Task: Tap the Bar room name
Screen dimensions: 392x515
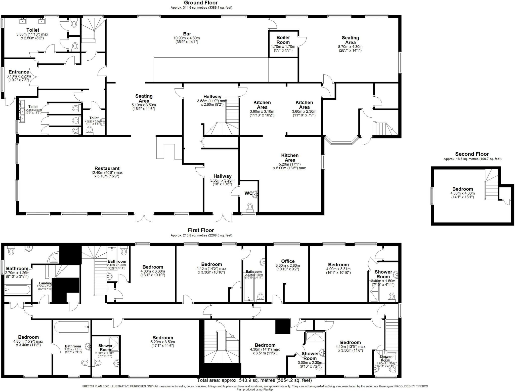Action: point(187,34)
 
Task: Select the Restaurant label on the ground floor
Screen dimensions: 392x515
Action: point(107,168)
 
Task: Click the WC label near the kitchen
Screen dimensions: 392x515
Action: point(248,193)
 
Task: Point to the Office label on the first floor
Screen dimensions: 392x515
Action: point(288,261)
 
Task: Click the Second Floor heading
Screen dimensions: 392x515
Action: point(472,154)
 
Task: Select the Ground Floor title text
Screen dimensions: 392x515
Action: point(201,3)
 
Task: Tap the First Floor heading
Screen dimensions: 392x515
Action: point(201,230)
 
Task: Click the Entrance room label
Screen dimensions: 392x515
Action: point(19,72)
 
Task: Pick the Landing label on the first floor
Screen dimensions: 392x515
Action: point(46,283)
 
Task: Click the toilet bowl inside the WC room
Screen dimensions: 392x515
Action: point(250,207)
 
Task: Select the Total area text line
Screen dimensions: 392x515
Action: point(254,380)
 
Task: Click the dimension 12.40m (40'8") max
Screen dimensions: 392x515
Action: point(107,173)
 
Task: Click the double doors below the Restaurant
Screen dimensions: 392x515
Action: point(144,217)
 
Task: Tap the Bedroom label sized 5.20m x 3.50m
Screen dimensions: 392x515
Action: point(163,338)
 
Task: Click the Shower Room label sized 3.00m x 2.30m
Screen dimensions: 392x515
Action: point(310,356)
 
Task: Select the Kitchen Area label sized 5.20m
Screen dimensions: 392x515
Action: point(290,158)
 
